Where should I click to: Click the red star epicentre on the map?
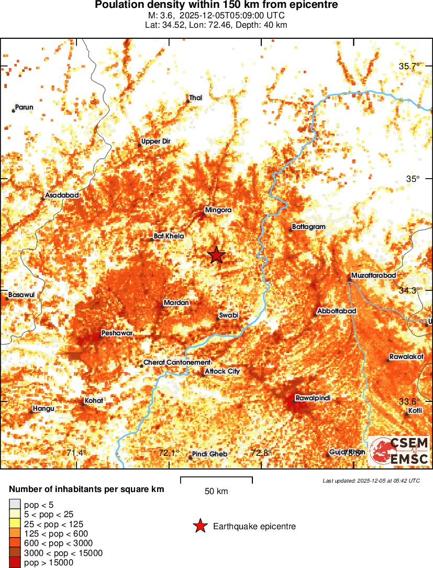coord(216,255)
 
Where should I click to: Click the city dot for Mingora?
coord(204,214)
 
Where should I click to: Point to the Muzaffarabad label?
coord(373,275)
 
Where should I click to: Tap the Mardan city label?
coord(176,303)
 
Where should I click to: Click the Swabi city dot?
coord(218,319)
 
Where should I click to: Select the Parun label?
coord(24,107)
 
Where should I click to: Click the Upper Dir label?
coord(156,141)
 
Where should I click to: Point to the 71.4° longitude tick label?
coord(76,453)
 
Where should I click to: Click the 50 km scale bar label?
coord(216,491)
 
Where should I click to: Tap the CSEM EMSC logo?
coord(399,451)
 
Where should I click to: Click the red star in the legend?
coord(199,526)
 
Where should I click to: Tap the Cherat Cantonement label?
coord(176,362)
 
